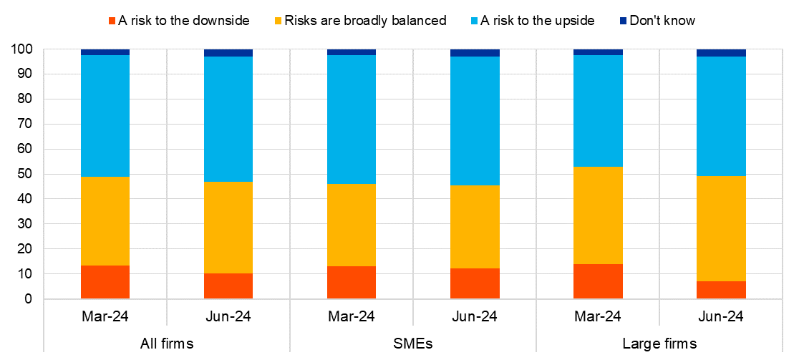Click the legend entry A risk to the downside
(179, 21)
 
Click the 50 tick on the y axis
(24, 174)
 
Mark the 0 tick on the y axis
(27, 299)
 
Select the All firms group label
(166, 344)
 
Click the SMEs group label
(412, 344)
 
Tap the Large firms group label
(659, 344)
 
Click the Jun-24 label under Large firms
(721, 317)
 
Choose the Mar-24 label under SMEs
(352, 317)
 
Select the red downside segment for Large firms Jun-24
(721, 290)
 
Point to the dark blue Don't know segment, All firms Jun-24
(228, 53)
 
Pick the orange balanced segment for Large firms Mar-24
(598, 215)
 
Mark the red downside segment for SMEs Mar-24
(352, 283)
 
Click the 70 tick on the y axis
(24, 124)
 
